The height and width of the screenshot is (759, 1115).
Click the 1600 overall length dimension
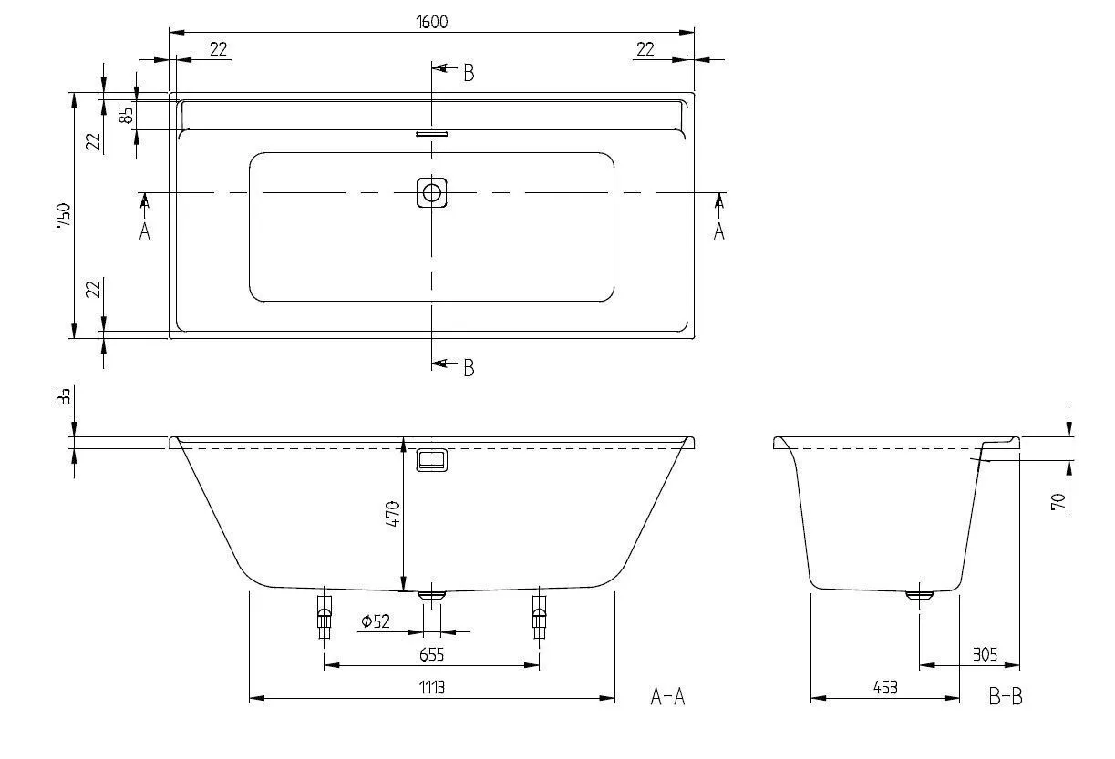tap(433, 21)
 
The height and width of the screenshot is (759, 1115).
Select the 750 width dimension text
tap(63, 215)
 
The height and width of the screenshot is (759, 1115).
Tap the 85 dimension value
tap(127, 115)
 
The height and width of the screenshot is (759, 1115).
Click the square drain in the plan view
tap(432, 192)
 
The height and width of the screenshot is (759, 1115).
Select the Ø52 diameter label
tap(375, 621)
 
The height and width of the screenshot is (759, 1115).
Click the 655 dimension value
tap(432, 654)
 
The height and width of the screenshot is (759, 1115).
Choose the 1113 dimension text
tap(432, 687)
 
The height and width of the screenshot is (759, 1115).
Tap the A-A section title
tap(667, 697)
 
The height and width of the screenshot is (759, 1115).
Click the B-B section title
tap(1006, 697)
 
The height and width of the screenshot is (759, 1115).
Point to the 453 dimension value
tap(883, 687)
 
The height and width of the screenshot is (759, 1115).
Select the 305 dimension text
tap(984, 654)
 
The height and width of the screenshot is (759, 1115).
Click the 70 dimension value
tap(1058, 502)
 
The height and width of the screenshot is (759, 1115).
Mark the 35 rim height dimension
tap(63, 397)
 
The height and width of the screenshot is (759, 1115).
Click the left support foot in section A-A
tap(324, 618)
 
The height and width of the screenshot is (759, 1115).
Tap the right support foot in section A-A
tap(539, 618)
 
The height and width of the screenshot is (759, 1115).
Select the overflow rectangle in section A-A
tap(432, 460)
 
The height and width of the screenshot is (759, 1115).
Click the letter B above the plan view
tap(469, 74)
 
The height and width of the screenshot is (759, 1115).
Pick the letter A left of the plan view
tap(144, 232)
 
